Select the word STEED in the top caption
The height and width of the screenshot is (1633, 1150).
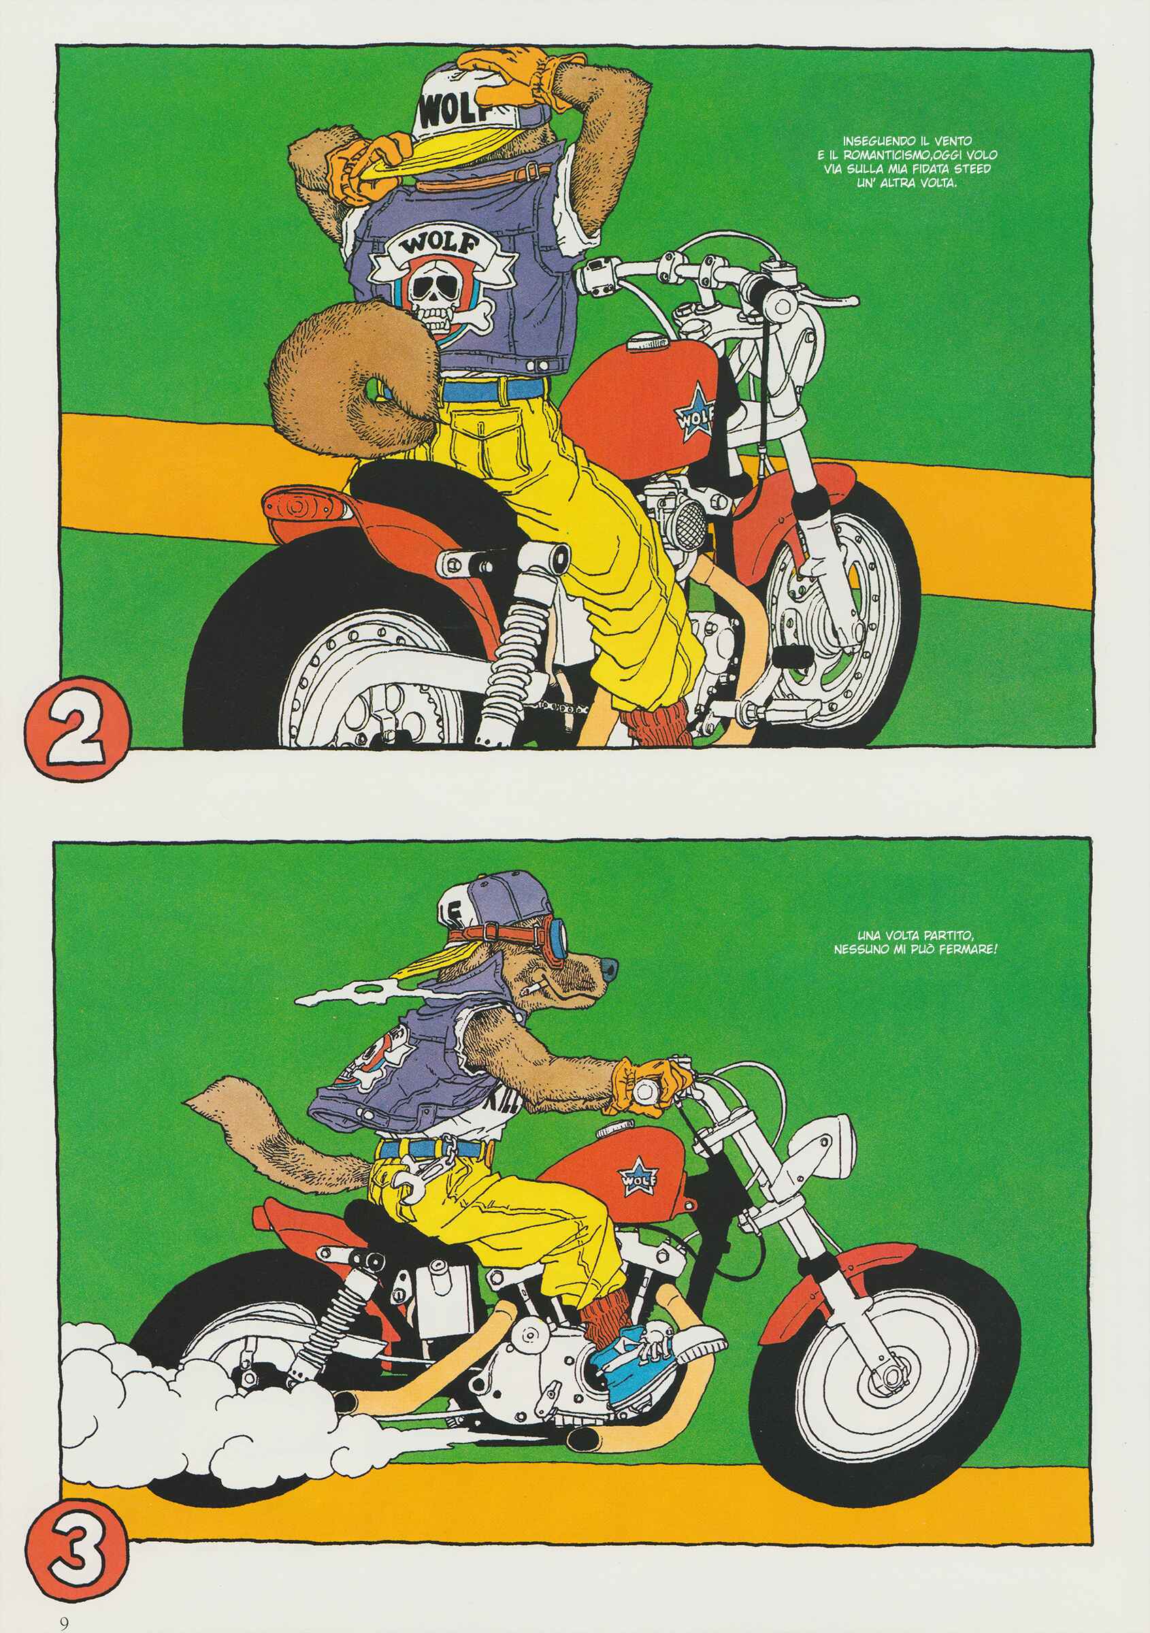(971, 169)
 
